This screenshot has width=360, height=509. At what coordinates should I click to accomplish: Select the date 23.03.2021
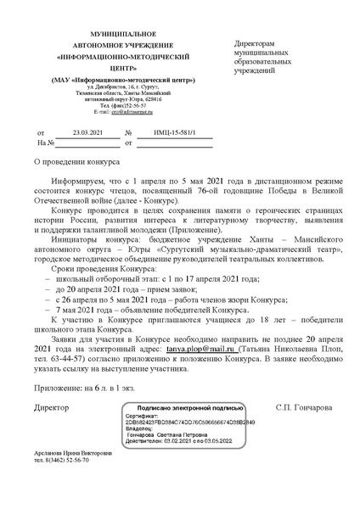(x=87, y=133)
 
